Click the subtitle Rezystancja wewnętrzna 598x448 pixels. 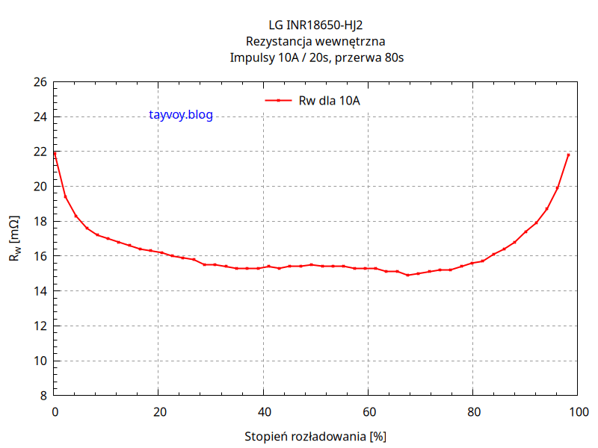315,42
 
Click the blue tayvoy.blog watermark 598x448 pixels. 181,115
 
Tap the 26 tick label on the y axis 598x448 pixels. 40,82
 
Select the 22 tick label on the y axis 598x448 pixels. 40,152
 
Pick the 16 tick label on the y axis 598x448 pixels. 40,256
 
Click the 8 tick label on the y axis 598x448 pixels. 43,396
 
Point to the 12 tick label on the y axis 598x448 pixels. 40,326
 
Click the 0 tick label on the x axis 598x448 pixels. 55,411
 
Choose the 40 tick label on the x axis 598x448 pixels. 263,411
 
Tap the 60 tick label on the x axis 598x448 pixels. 368,411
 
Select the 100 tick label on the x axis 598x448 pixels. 576,411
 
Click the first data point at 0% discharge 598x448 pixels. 55,153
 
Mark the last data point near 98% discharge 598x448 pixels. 568,155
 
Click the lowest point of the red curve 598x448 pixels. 408,276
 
